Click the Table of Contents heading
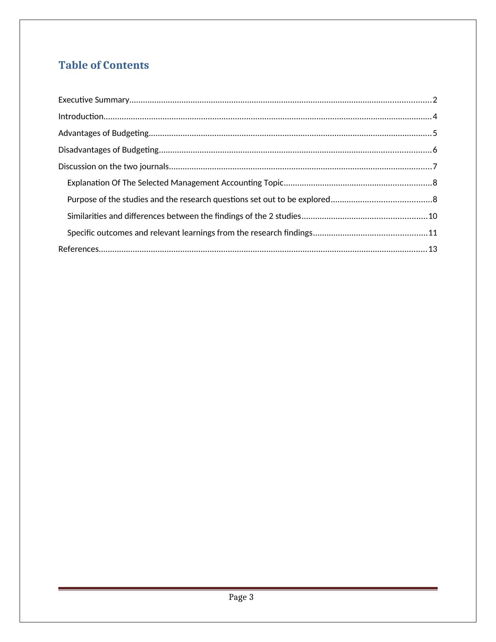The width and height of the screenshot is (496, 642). pos(103,65)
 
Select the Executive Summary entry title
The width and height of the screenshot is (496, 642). pos(93,100)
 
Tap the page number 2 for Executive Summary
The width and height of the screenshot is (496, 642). pos(435,100)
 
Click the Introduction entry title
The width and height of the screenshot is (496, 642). pos(80,116)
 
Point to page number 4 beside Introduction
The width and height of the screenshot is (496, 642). pos(435,116)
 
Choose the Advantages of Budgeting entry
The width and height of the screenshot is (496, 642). pos(103,133)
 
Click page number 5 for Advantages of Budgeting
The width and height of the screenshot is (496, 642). pos(435,133)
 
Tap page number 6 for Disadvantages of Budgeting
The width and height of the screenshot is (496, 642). pos(435,150)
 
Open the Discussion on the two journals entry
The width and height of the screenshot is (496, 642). pos(113,167)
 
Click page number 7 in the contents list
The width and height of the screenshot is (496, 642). pos(435,167)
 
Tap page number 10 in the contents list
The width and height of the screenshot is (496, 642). pos(433,216)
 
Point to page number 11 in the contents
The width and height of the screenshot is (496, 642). pos(433,233)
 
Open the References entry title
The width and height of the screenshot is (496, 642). pos(78,249)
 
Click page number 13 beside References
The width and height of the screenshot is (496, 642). pos(433,249)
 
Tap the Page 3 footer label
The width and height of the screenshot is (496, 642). pos(241,597)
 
